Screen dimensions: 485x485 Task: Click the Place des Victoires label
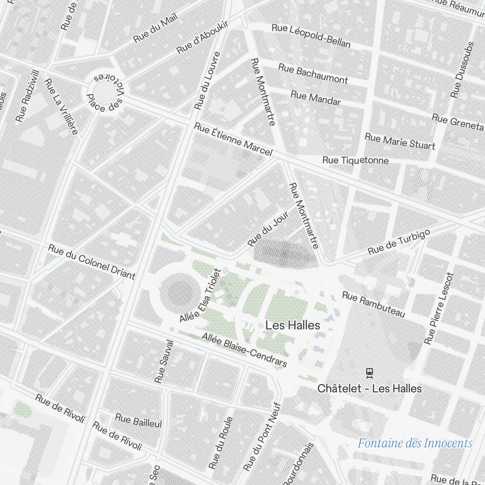[105, 93]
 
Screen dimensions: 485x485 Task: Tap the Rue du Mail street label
[156, 27]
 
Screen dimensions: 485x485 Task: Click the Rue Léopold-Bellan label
[311, 35]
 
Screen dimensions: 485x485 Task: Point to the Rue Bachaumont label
[313, 73]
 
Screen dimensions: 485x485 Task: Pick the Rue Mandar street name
[316, 97]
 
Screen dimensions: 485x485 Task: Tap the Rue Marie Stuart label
[400, 141]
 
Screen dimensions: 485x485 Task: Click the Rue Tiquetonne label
[356, 160]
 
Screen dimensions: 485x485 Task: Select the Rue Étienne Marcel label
[233, 139]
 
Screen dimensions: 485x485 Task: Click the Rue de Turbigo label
[399, 242]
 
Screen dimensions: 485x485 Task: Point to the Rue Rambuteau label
[373, 305]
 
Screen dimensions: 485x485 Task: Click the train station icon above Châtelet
[370, 372]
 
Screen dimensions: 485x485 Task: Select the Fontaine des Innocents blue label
[415, 443]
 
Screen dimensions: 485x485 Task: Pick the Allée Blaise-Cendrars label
[244, 350]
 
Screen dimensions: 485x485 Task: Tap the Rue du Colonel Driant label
[91, 261]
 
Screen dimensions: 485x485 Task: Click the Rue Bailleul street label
[138, 420]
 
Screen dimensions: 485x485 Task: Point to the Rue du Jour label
[268, 228]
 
